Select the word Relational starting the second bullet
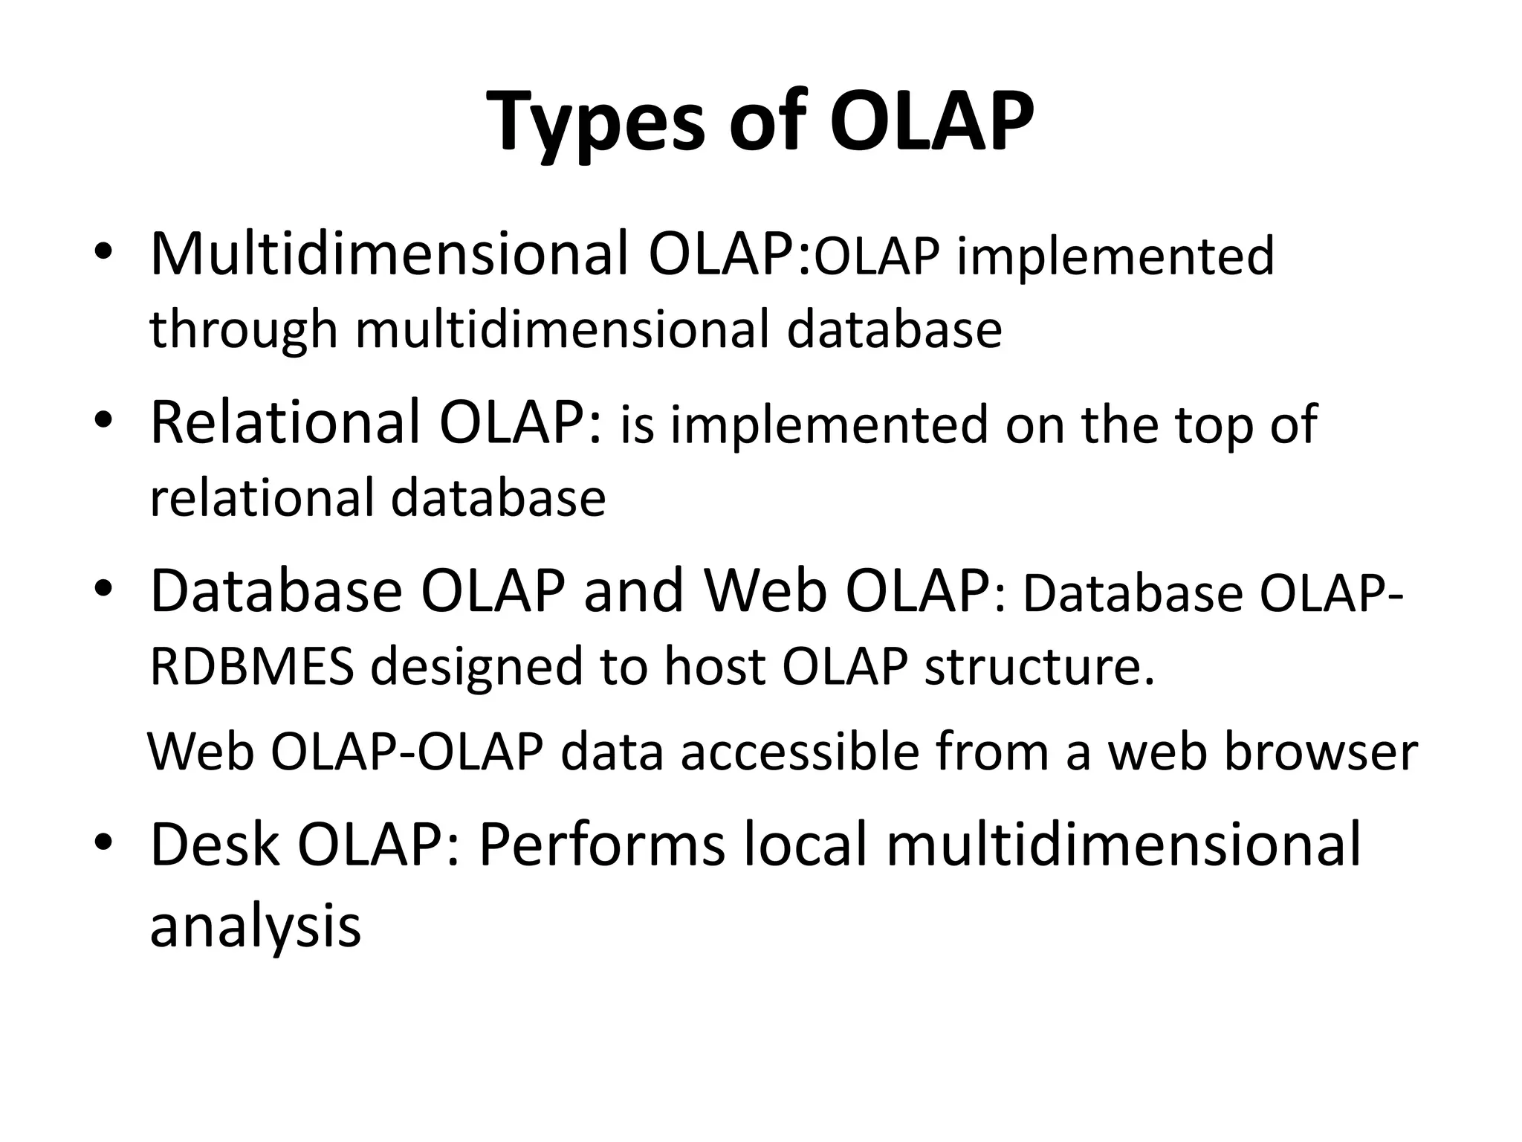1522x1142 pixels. pos(285,423)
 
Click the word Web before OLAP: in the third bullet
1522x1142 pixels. pos(765,591)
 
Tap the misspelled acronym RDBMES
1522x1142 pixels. pos(252,665)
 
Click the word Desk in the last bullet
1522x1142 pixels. pos(215,845)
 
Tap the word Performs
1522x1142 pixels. pos(601,845)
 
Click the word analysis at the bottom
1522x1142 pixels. pos(255,926)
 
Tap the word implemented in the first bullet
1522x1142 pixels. pos(1115,257)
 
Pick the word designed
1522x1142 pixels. pos(476,667)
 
